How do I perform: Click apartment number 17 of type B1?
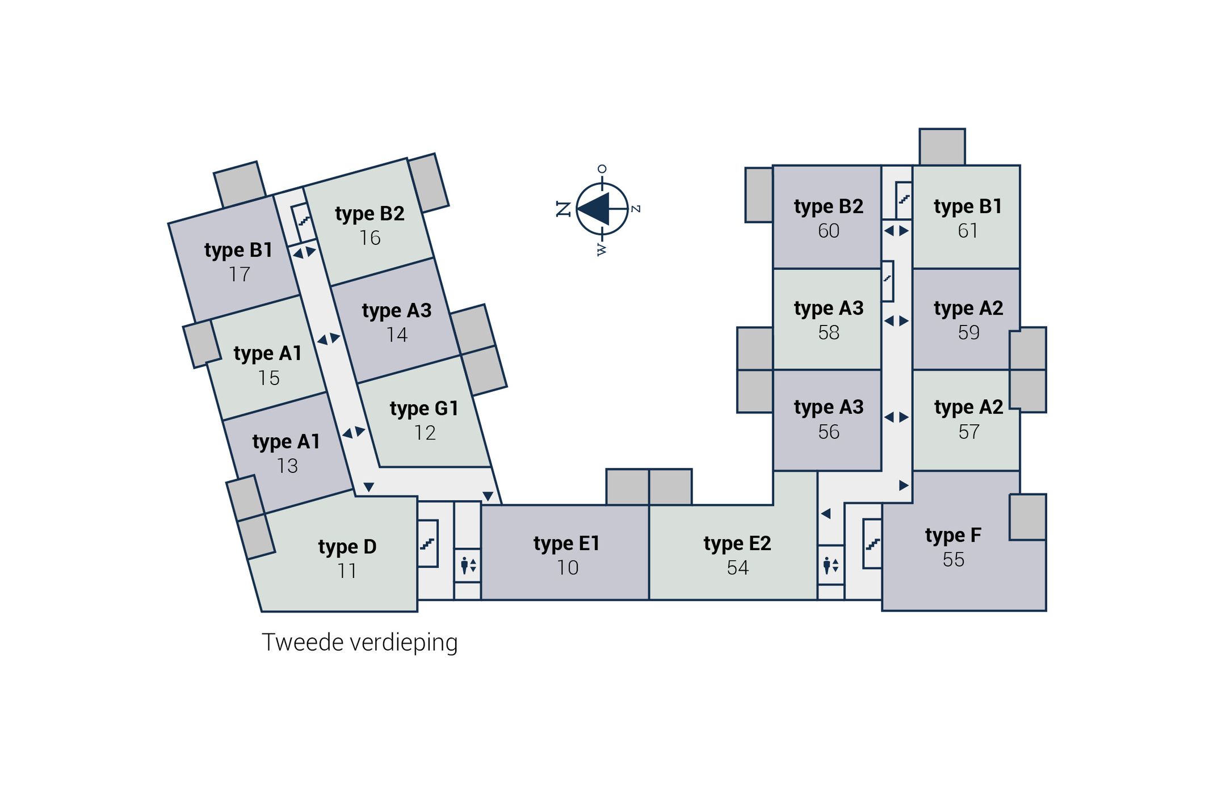point(240,274)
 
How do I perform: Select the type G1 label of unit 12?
point(424,408)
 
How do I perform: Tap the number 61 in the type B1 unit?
point(968,231)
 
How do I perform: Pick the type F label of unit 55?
point(953,535)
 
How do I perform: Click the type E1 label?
point(566,543)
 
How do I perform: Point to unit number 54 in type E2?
point(737,568)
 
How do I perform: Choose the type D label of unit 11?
point(347,547)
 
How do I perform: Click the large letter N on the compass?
point(563,209)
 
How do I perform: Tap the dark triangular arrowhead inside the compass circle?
point(594,209)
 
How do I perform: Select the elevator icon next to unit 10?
point(468,565)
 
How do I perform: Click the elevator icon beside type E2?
point(831,565)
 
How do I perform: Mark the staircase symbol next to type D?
point(427,544)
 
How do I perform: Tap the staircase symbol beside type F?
point(872,544)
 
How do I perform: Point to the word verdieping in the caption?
point(404,643)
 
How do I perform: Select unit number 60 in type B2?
point(828,231)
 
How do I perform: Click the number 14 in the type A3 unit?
point(397,335)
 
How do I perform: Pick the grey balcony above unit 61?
point(942,147)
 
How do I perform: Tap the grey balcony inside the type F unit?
point(1027,517)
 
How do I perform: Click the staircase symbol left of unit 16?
point(304,221)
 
